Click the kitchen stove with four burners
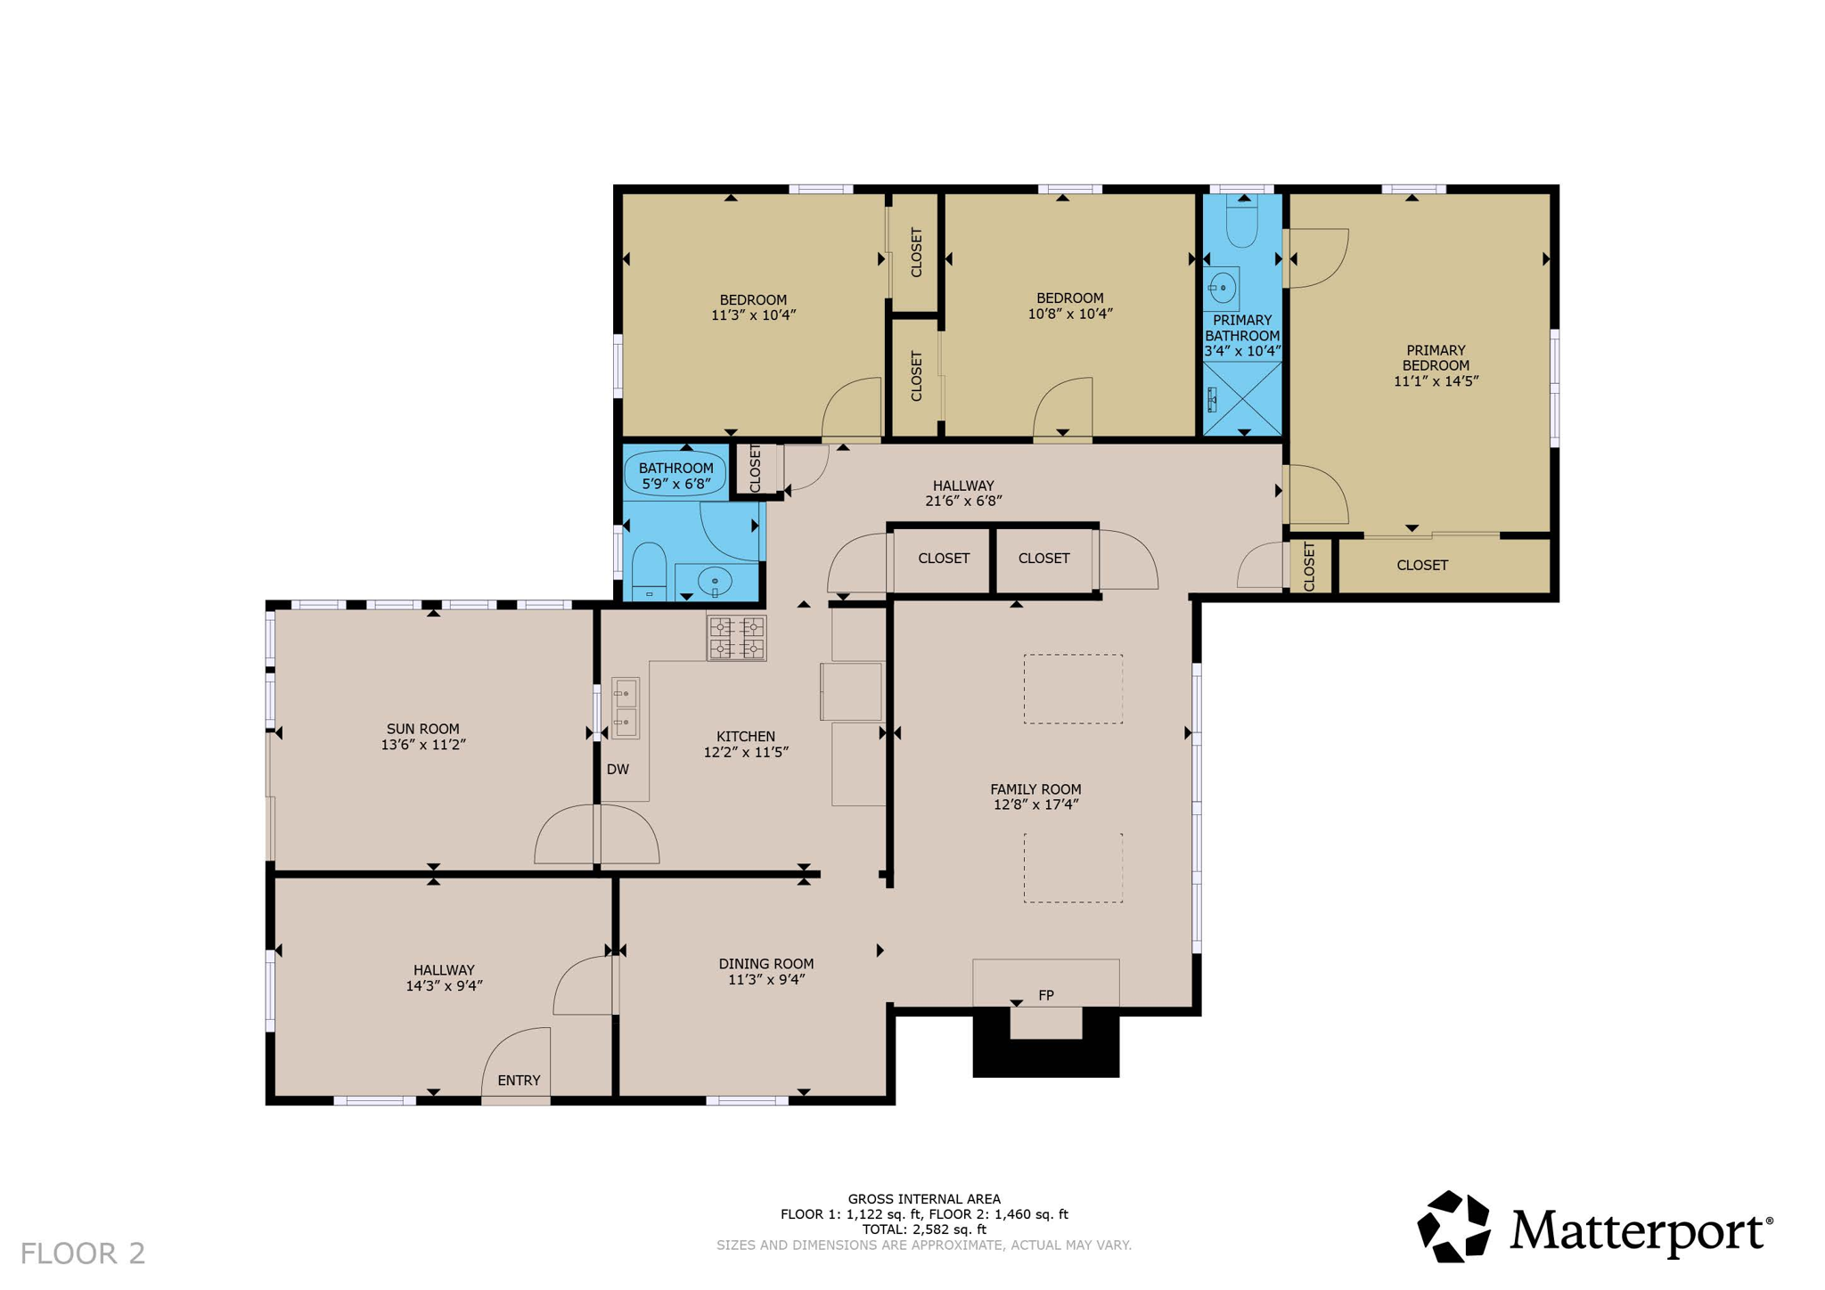[x=736, y=637]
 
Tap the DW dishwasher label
[x=618, y=769]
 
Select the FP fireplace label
[x=1045, y=995]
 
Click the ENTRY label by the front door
[x=519, y=1080]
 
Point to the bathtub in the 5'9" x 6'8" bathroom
[x=675, y=475]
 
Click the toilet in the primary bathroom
[x=1241, y=222]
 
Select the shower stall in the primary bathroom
[x=1242, y=398]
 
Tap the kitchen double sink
[x=626, y=707]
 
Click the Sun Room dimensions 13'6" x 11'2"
[x=423, y=745]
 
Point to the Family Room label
[x=1035, y=788]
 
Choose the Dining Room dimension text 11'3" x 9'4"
[x=766, y=979]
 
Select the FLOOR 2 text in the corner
[x=83, y=1253]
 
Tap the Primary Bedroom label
[x=1435, y=357]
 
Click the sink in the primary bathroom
[x=1223, y=288]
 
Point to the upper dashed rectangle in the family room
[x=1073, y=689]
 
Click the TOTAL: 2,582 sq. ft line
[x=924, y=1229]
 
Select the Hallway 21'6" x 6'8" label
[x=963, y=493]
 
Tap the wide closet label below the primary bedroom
[x=1421, y=565]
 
